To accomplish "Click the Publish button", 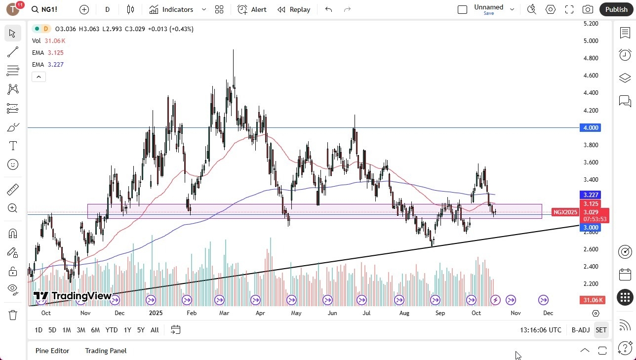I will (616, 9).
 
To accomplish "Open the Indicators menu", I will (177, 9).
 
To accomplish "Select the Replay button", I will (294, 9).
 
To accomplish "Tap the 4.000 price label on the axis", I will (591, 128).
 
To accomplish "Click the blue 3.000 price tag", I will (591, 228).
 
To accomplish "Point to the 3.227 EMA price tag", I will (591, 195).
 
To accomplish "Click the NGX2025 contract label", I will (565, 212).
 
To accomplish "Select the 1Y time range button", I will (127, 330).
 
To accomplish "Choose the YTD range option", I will (112, 330).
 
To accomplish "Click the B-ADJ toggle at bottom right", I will (581, 330).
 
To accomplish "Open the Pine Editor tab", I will (52, 351).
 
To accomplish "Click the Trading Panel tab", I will (106, 351).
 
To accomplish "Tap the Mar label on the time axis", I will (224, 313).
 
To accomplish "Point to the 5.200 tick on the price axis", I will (591, 24).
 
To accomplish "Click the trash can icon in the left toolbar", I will (13, 315).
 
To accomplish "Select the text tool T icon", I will (13, 146).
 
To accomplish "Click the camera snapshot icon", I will (588, 9).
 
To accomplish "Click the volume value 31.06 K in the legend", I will (55, 41).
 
